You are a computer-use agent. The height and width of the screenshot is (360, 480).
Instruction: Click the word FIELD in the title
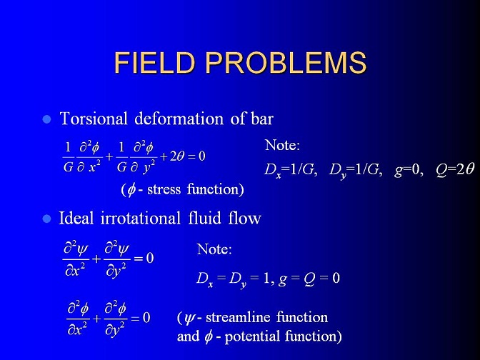(154, 62)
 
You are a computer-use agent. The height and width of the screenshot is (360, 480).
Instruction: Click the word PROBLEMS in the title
(286, 62)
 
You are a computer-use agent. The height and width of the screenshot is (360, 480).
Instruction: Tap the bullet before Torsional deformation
(47, 119)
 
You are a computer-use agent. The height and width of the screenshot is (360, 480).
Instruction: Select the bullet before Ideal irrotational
(47, 219)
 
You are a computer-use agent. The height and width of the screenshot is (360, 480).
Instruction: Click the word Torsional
(94, 119)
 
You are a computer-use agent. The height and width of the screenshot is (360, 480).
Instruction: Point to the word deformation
(179, 119)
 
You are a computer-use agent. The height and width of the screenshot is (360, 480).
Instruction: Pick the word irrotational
(141, 219)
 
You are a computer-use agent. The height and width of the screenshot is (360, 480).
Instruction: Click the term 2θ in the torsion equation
(177, 156)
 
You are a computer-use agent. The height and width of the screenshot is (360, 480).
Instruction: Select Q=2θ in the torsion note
(455, 169)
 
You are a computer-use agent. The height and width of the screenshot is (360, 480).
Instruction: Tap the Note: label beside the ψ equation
(214, 249)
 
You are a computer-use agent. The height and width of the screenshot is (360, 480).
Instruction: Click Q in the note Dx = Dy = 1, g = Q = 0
(310, 279)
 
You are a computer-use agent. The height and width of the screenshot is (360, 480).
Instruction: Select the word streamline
(238, 317)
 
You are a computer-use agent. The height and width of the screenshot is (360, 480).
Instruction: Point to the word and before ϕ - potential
(188, 336)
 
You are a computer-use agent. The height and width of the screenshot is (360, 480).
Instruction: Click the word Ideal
(76, 219)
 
